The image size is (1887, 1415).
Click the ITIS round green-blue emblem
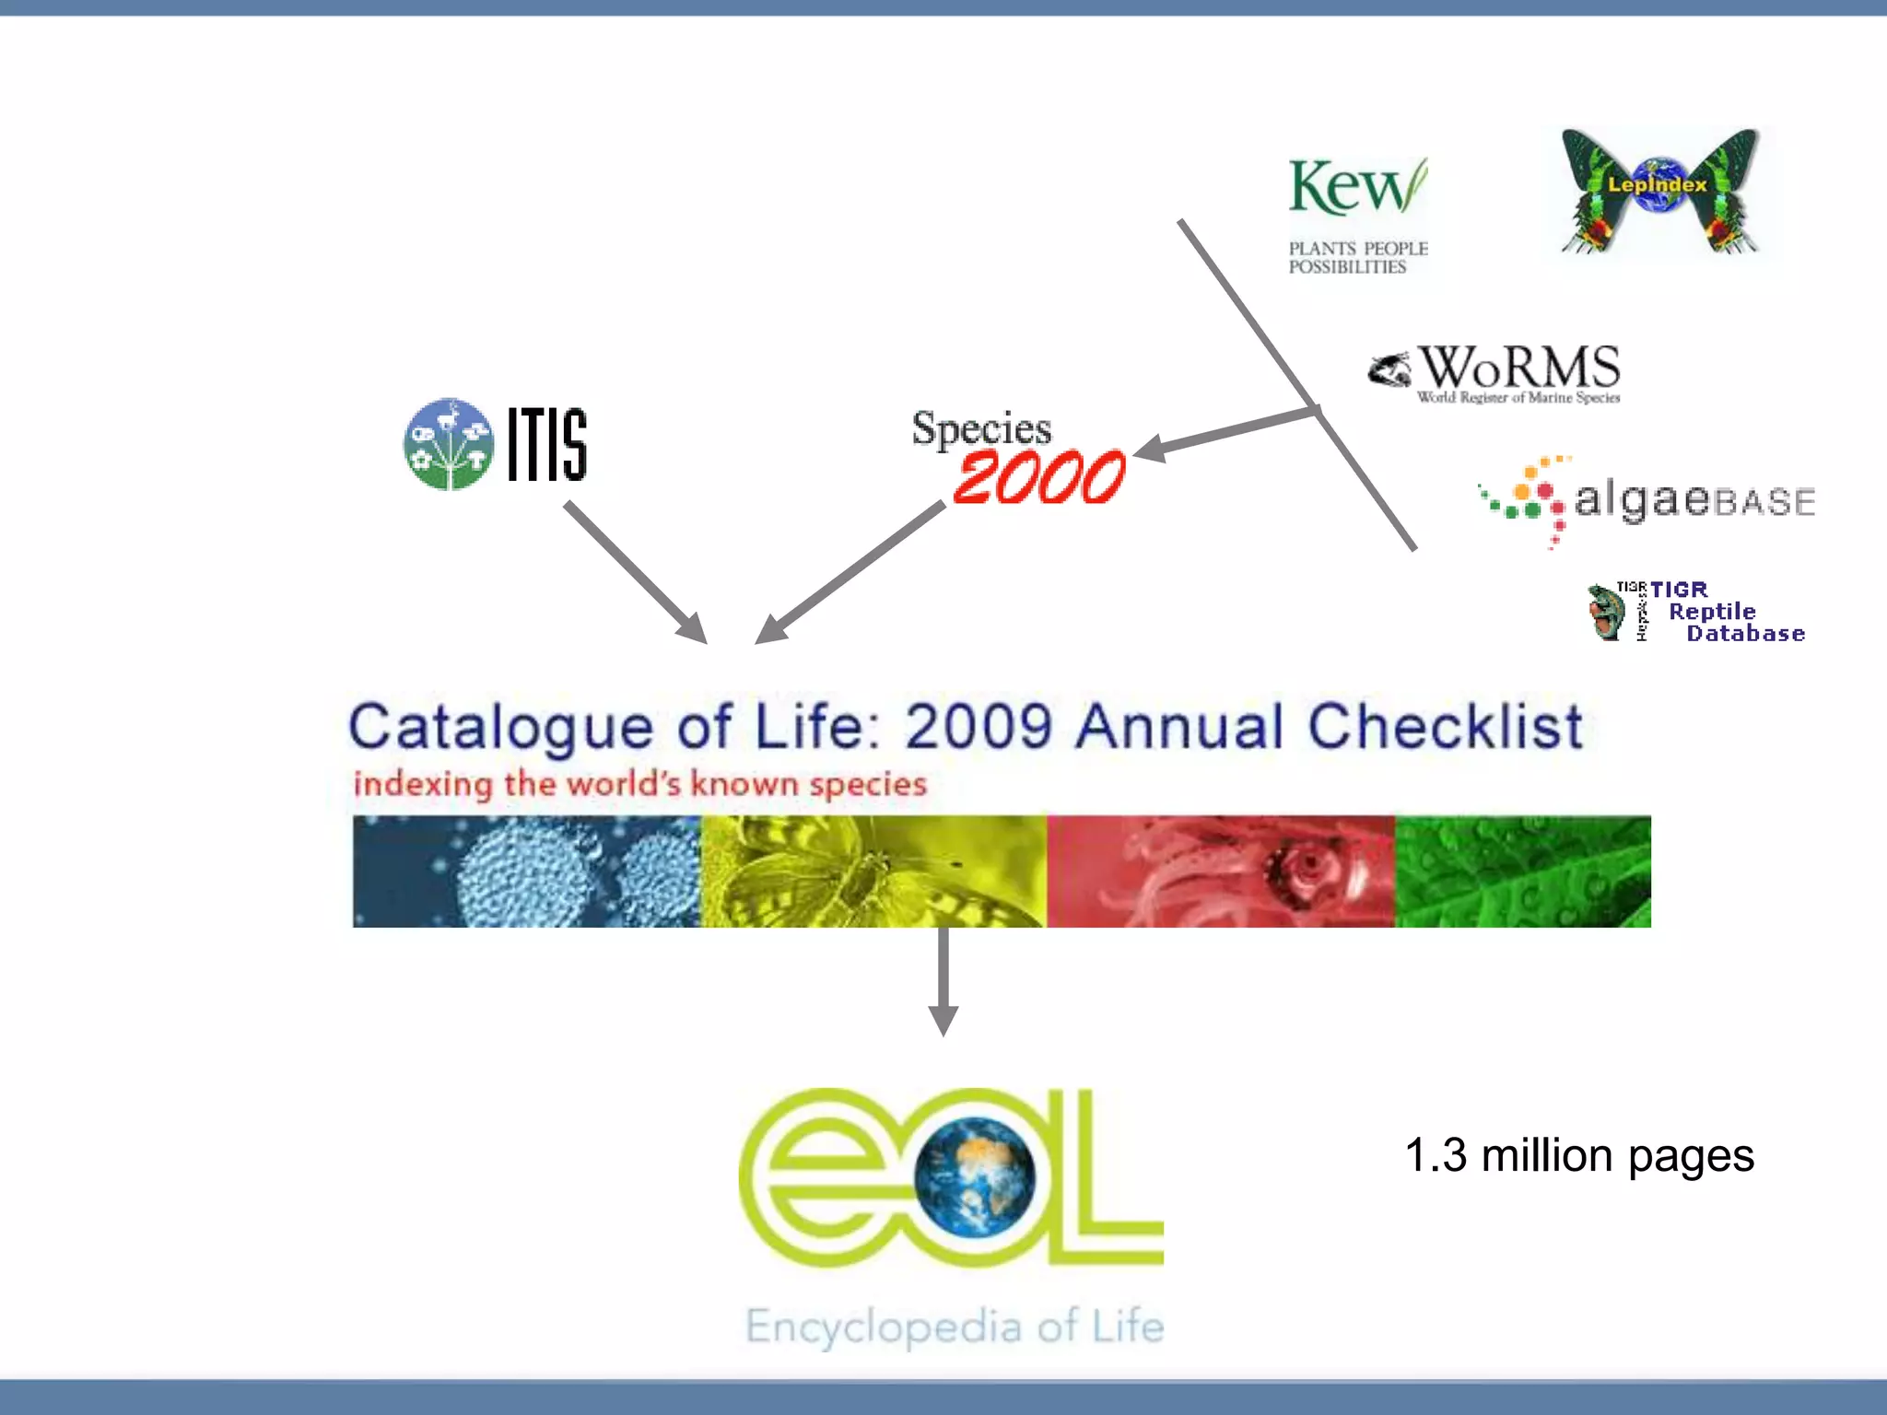tap(449, 444)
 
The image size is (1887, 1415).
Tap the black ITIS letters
tap(547, 445)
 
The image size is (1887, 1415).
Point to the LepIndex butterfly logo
tap(1658, 192)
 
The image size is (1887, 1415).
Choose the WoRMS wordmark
tap(1519, 368)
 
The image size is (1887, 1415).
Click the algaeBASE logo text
tap(1694, 500)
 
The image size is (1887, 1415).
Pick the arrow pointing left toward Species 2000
tap(1225, 433)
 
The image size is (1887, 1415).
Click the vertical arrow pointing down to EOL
tap(943, 982)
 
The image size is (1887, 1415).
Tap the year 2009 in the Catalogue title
tap(979, 726)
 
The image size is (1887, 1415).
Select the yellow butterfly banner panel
tap(873, 871)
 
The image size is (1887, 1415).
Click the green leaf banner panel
tap(1522, 871)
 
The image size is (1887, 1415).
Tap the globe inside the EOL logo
tap(975, 1177)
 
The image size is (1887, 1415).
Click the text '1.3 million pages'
tap(1579, 1155)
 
